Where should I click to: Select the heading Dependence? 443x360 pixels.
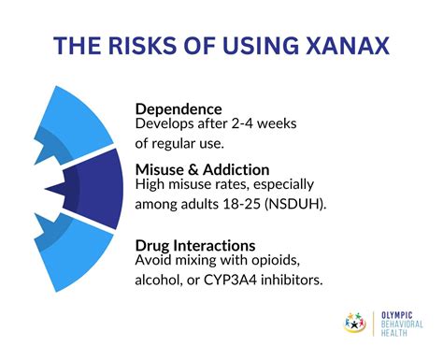179,108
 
